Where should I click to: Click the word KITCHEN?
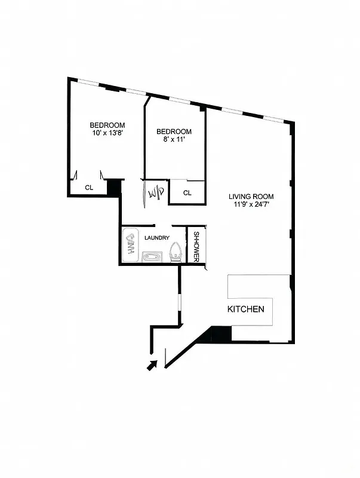(245, 310)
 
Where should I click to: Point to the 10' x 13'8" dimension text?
(107, 133)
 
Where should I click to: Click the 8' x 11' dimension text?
(174, 140)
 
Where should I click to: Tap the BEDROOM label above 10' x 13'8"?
(107, 125)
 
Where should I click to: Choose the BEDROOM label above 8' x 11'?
(174, 131)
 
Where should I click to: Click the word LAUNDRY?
(157, 238)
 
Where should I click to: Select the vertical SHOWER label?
(195, 245)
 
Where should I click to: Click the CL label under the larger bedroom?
(89, 187)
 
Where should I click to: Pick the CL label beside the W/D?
(187, 192)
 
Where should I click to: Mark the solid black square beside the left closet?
(113, 186)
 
